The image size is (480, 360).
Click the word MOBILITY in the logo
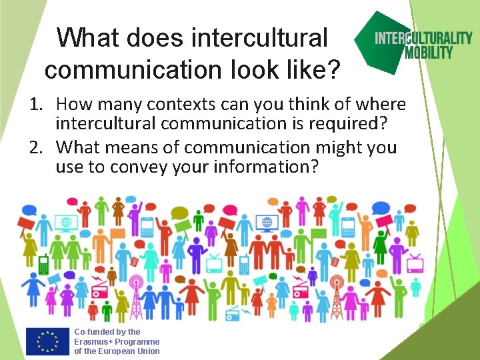(429, 52)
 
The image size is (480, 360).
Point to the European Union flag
(47, 341)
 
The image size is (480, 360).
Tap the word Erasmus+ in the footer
(93, 341)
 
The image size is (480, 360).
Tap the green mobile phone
(44, 264)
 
